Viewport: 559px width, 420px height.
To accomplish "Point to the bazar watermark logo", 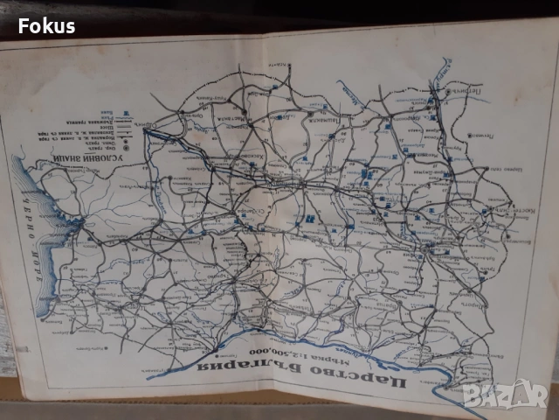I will pos(504,393).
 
